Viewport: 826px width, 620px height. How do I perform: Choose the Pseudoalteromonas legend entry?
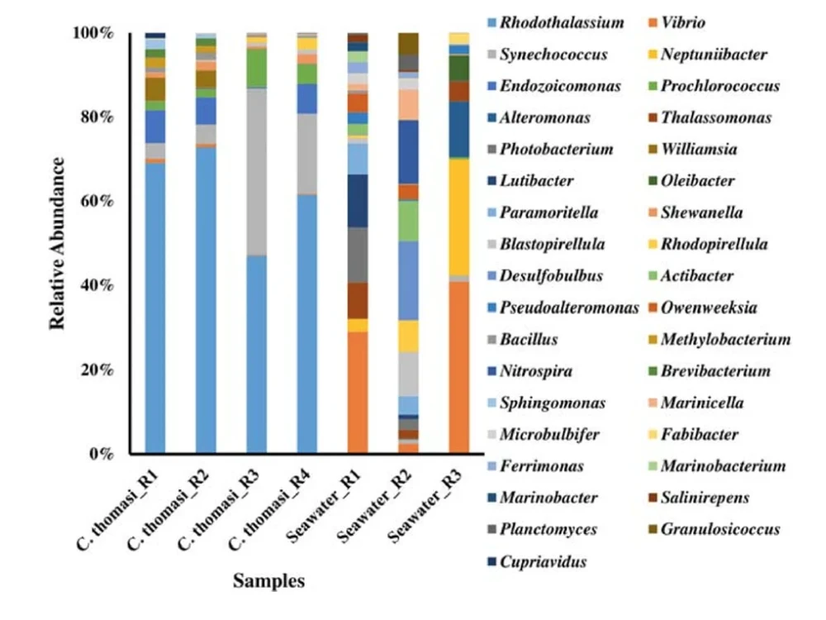coord(569,308)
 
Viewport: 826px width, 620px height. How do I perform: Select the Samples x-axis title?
coord(268,581)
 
